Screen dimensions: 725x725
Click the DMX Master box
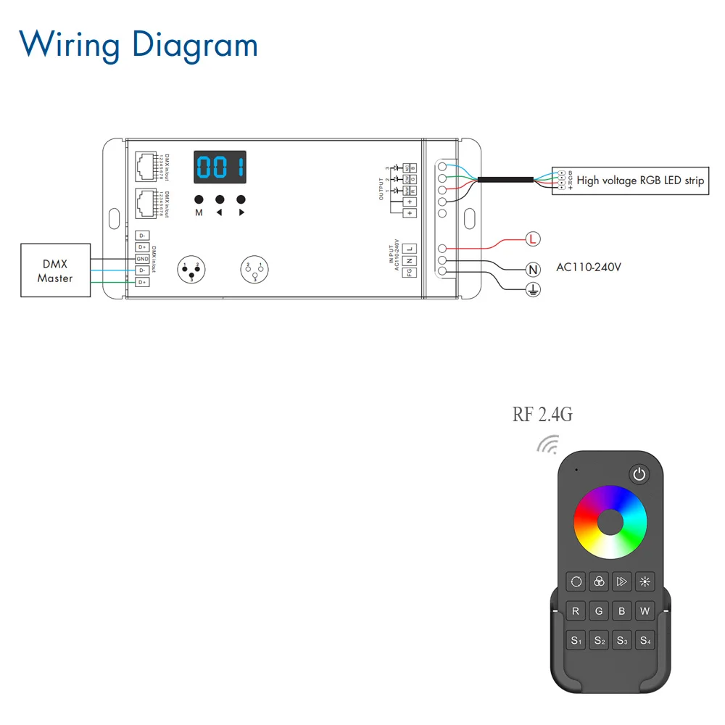tap(55, 270)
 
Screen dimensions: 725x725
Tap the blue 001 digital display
tap(219, 167)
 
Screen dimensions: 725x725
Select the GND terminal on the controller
tap(142, 259)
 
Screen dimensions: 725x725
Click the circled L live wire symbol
tap(533, 239)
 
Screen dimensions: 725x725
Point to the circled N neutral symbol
tap(533, 270)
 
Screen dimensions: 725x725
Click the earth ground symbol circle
tap(533, 290)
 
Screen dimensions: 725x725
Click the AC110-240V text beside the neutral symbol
tap(589, 267)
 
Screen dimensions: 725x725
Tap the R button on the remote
tap(576, 611)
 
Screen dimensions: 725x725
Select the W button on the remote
tap(645, 611)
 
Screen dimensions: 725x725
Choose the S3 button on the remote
tap(622, 640)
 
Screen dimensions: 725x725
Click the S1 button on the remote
tap(576, 640)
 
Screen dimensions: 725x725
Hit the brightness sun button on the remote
tap(645, 581)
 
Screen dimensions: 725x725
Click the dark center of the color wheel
tap(610, 522)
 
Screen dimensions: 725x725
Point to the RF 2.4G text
tap(542, 415)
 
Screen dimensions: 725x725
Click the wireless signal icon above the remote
tap(548, 444)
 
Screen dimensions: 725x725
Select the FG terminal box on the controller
tap(410, 272)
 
